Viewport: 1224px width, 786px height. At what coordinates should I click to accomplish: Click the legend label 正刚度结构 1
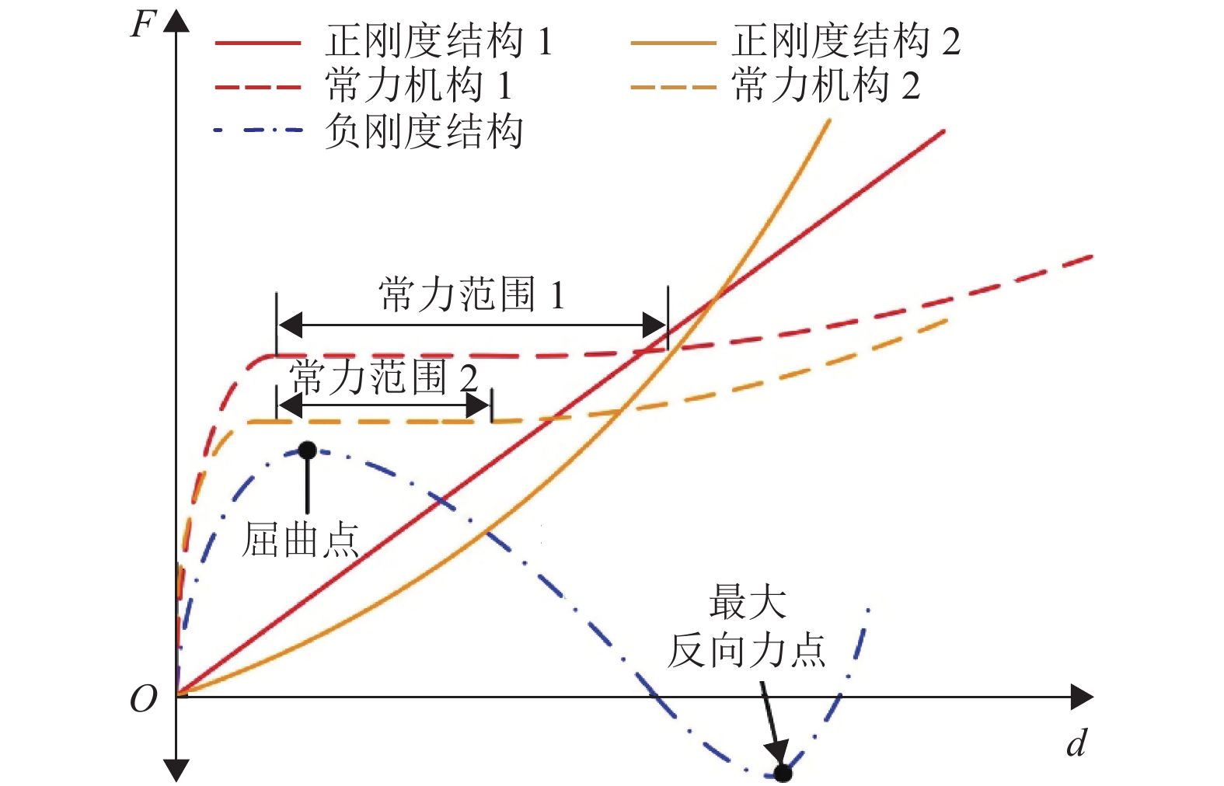pyautogui.click(x=439, y=41)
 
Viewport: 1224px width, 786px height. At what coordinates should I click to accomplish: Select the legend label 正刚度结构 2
pyautogui.click(x=846, y=41)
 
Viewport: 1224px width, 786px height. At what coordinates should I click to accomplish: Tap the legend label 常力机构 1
pyautogui.click(x=419, y=85)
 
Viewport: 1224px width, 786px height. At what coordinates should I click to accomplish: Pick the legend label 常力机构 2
pyautogui.click(x=825, y=85)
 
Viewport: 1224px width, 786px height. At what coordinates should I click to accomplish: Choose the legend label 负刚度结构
pyautogui.click(x=424, y=130)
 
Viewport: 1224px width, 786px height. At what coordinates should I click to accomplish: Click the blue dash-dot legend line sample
pyautogui.click(x=258, y=130)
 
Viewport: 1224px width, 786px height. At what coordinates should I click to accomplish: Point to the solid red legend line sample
pyautogui.click(x=258, y=43)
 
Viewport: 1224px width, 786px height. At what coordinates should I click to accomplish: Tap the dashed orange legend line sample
pyautogui.click(x=672, y=87)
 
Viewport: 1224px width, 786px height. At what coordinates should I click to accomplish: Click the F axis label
pyautogui.click(x=144, y=25)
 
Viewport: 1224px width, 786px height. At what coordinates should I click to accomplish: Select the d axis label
pyautogui.click(x=1076, y=743)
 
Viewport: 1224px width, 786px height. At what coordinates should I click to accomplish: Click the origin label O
pyautogui.click(x=144, y=699)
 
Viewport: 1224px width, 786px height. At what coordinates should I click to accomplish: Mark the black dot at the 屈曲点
pyautogui.click(x=308, y=450)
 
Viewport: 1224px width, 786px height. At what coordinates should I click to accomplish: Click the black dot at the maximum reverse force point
pyautogui.click(x=783, y=773)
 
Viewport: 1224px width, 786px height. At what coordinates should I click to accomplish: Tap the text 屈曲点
pyautogui.click(x=301, y=540)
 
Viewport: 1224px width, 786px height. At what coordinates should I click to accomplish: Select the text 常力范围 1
pyautogui.click(x=472, y=295)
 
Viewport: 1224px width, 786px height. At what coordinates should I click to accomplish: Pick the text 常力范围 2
pyautogui.click(x=383, y=378)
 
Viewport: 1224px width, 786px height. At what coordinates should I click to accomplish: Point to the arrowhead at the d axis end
pyautogui.click(x=1083, y=697)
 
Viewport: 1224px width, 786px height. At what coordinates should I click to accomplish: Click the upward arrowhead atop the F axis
pyautogui.click(x=177, y=20)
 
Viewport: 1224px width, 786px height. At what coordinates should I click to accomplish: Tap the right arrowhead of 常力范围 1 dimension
pyautogui.click(x=656, y=325)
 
